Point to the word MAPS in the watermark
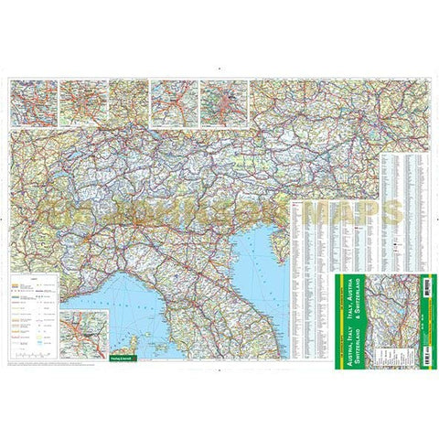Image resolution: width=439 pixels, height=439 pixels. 357,213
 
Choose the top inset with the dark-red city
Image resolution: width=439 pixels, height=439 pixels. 224,102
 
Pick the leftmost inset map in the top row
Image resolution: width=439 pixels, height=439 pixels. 33,102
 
